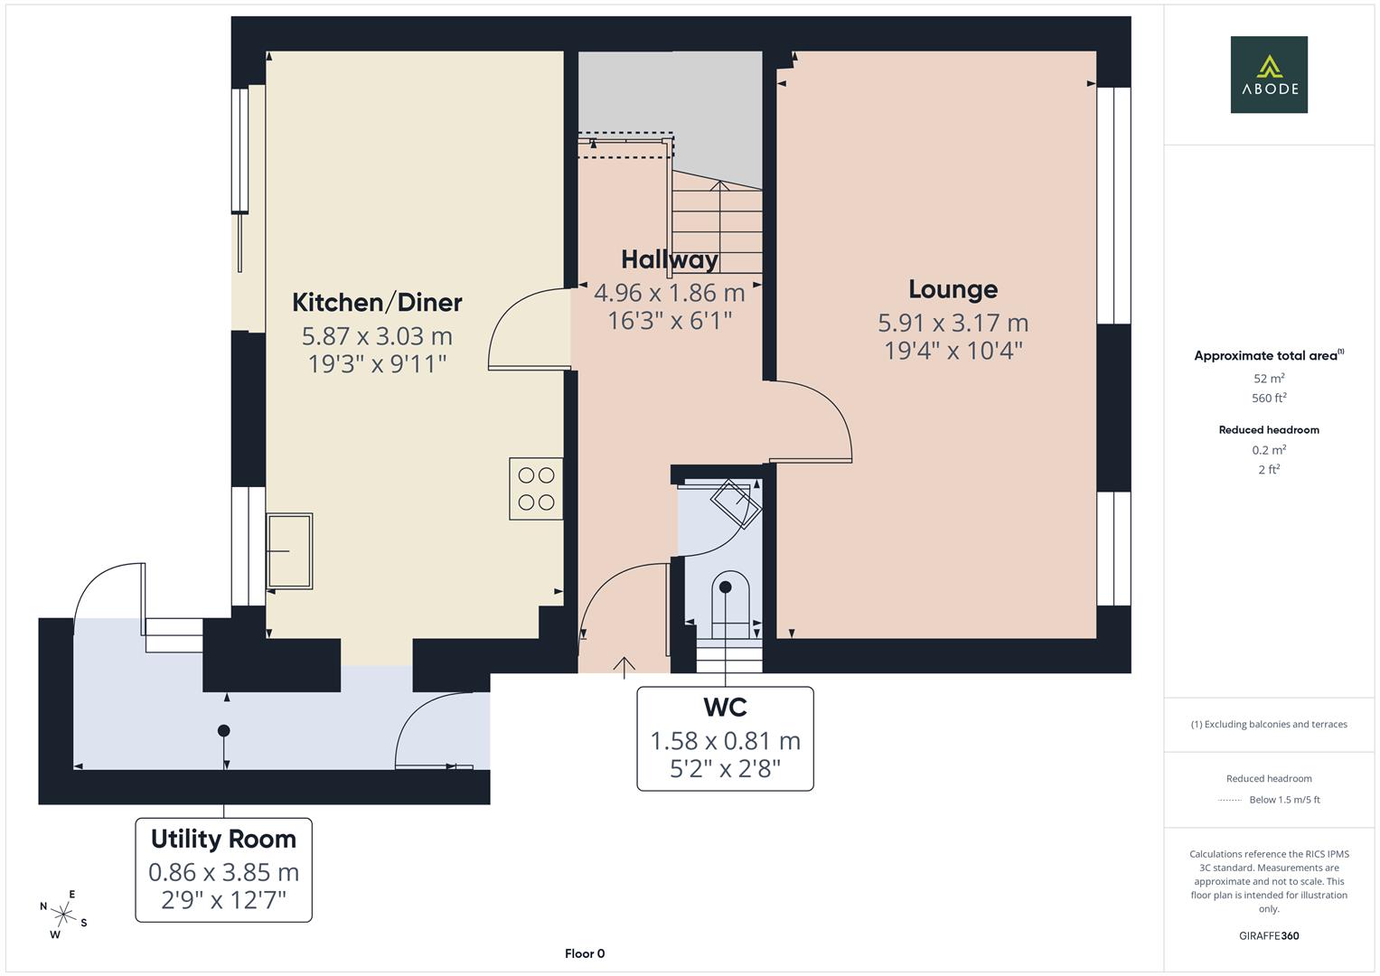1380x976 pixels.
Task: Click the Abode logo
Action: point(1269,75)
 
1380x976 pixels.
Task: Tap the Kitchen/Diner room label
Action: point(377,302)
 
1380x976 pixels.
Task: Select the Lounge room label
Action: point(953,289)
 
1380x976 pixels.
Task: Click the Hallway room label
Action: point(669,260)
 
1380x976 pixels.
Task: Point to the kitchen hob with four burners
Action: point(536,489)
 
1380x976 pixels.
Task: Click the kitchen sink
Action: point(289,551)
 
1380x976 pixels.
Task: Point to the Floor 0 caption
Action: point(584,953)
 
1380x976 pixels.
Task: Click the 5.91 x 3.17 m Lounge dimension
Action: point(953,323)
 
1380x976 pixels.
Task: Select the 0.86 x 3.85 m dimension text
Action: point(223,872)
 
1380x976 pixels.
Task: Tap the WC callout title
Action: point(725,706)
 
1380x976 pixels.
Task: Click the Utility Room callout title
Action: point(223,839)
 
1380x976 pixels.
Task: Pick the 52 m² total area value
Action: point(1269,379)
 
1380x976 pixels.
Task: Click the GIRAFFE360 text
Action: point(1269,935)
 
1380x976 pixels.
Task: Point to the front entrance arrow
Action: point(624,666)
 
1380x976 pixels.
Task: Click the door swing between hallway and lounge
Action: point(813,420)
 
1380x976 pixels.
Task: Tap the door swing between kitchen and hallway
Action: point(527,329)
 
